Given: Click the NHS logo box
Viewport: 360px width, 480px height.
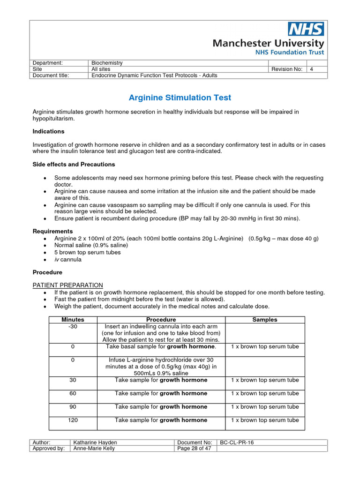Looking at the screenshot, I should point(306,29).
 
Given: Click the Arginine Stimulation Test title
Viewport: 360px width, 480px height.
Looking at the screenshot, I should point(180,97).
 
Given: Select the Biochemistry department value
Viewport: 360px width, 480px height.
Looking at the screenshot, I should point(107,63).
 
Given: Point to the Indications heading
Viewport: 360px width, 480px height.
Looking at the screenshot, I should point(48,131).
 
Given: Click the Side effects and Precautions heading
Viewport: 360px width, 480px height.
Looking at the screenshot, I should point(74,165).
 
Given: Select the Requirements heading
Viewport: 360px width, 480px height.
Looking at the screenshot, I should point(52,231).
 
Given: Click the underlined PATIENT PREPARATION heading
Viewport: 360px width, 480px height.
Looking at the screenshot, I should point(67,285).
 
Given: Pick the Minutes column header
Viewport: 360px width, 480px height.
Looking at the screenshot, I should point(73,320).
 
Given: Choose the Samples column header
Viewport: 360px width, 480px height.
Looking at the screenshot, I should point(265,320).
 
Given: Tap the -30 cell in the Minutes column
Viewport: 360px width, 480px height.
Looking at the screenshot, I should point(73,326).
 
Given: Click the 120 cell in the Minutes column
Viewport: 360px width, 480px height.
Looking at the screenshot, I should point(73,420).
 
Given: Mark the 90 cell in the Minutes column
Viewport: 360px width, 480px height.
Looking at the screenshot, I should point(73,406).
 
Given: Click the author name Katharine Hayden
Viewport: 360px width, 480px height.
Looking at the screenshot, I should point(96,442).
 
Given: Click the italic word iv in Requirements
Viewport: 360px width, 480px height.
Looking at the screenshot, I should point(56,259).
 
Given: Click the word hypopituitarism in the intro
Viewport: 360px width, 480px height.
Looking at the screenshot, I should point(53,119).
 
